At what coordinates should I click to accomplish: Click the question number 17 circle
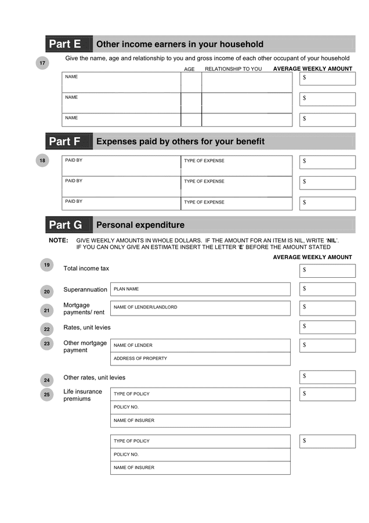(x=42, y=63)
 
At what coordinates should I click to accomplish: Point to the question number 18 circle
(x=42, y=160)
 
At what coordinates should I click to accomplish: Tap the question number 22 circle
(x=47, y=329)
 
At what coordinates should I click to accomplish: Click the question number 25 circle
(x=47, y=395)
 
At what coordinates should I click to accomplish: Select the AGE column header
(x=190, y=69)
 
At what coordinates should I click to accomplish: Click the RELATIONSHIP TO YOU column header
(x=233, y=69)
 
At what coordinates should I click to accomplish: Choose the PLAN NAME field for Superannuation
(x=200, y=289)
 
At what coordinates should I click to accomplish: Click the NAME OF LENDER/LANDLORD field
(x=200, y=307)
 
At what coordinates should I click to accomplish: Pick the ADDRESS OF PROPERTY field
(x=200, y=359)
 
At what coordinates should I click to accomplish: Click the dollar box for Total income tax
(x=327, y=270)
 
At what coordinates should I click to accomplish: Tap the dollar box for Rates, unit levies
(x=327, y=327)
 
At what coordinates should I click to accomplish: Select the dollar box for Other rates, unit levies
(x=327, y=377)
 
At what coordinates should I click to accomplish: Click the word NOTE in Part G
(x=58, y=240)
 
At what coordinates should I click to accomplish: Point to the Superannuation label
(x=85, y=289)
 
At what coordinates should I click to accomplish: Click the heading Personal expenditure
(x=140, y=225)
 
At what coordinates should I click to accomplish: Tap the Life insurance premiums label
(x=82, y=395)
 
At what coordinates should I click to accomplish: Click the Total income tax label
(x=86, y=268)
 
